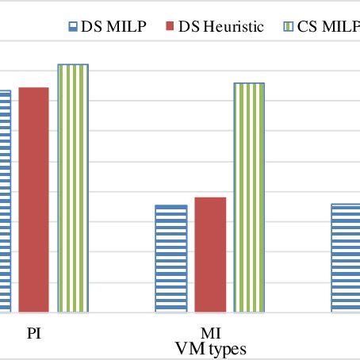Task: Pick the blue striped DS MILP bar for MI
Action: (171, 259)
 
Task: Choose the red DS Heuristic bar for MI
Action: (210, 255)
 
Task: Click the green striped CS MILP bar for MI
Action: (249, 197)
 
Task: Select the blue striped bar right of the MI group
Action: (345, 258)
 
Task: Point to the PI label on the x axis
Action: (33, 333)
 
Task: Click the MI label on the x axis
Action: (210, 334)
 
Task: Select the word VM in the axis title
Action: (188, 348)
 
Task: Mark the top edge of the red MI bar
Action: (210, 197)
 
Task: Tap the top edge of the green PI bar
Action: (73, 65)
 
